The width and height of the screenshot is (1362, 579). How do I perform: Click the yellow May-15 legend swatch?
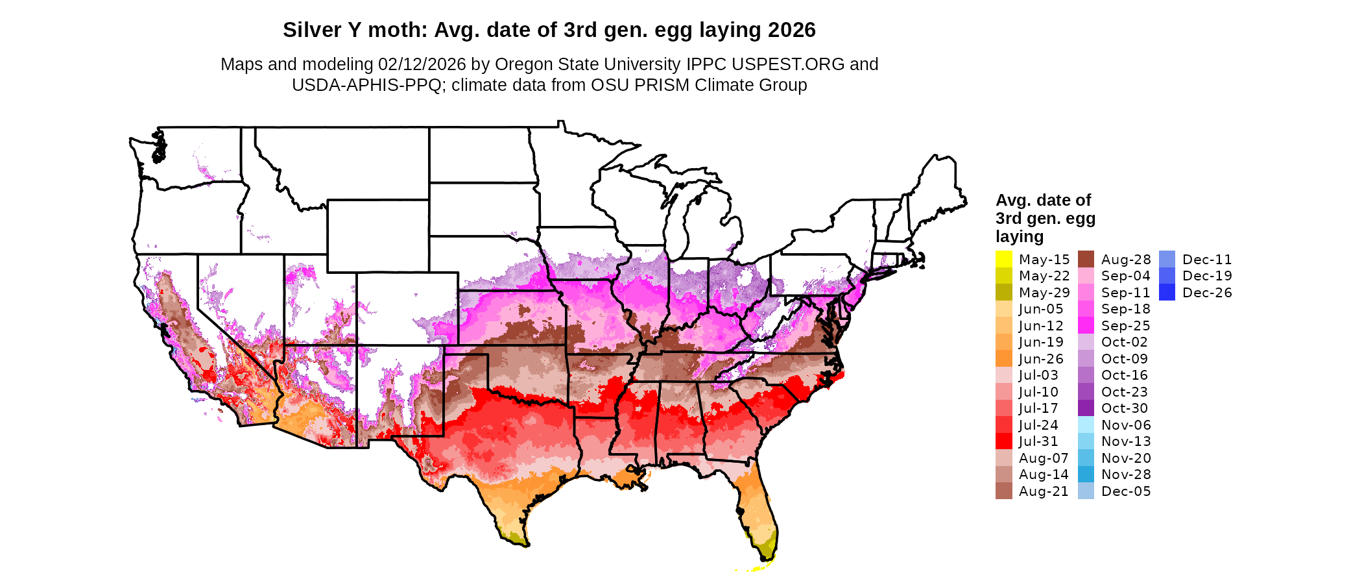click(1003, 259)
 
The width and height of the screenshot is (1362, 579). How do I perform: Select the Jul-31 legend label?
click(1038, 441)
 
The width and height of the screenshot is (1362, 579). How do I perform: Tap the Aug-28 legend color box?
click(1086, 259)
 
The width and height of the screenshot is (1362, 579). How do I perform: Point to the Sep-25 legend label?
click(1125, 326)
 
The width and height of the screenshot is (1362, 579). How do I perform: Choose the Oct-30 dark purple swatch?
click(1086, 408)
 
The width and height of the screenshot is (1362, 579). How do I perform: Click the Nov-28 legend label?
click(1126, 474)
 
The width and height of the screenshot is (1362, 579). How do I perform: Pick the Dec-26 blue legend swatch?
click(1167, 293)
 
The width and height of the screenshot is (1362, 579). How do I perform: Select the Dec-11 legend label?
click(1207, 260)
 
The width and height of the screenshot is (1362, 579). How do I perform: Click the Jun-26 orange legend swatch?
click(1003, 359)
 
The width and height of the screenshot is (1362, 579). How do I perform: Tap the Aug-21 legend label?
click(1044, 491)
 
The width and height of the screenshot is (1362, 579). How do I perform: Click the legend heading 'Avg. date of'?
click(1043, 200)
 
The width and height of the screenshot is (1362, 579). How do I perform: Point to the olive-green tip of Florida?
click(767, 549)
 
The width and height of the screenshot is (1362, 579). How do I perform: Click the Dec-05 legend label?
click(1126, 491)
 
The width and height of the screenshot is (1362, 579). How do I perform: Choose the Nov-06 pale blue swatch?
click(1086, 425)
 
